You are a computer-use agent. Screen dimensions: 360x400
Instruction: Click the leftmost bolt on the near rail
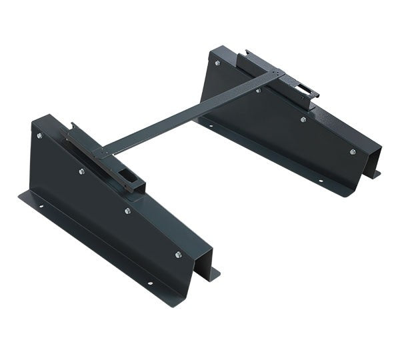tap(39, 136)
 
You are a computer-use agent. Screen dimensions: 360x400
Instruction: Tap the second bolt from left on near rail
tap(81, 171)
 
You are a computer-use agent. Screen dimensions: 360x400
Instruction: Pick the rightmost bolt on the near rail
tap(178, 254)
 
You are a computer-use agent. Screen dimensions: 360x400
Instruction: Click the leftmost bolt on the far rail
tap(217, 63)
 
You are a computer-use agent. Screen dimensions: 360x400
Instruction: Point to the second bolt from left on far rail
tap(258, 89)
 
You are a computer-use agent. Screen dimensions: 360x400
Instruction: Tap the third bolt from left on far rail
tap(303, 119)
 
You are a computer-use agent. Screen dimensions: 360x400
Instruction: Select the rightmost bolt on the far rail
tap(352, 151)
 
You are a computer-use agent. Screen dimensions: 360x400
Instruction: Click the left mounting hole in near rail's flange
tap(41, 206)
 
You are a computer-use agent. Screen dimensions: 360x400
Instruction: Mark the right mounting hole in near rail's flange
tap(149, 283)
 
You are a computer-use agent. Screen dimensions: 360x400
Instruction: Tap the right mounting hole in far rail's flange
tap(319, 181)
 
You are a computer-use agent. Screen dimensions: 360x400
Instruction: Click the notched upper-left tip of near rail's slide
tap(71, 125)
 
